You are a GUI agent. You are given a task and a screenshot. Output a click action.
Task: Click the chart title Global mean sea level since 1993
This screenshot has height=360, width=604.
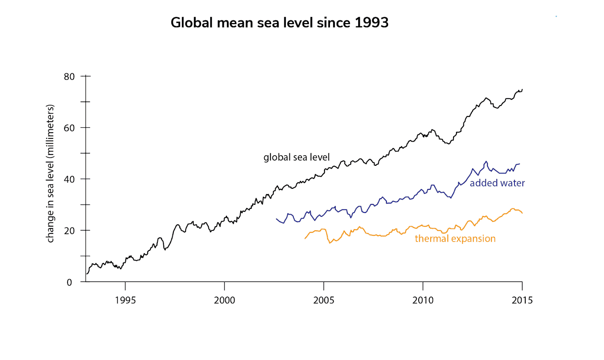pyautogui.click(x=279, y=23)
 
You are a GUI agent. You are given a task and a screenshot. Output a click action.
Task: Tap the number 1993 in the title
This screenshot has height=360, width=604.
pyautogui.click(x=371, y=23)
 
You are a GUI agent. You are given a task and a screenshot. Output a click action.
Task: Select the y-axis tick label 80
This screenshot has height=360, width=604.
pyautogui.click(x=69, y=77)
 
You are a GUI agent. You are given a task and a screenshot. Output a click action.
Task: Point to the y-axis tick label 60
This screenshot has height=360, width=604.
pyautogui.click(x=69, y=128)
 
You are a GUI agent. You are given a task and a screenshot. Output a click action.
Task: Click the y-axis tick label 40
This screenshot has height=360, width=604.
pyautogui.click(x=69, y=179)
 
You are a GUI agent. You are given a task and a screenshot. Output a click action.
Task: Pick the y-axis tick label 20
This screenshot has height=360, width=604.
pyautogui.click(x=69, y=231)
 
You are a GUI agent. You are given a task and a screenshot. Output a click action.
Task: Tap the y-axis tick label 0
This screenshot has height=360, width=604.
pyautogui.click(x=69, y=283)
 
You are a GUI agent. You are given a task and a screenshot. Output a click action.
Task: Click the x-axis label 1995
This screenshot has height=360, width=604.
pyautogui.click(x=125, y=300)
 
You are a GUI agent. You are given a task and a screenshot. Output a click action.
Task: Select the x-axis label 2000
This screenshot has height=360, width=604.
pyautogui.click(x=225, y=300)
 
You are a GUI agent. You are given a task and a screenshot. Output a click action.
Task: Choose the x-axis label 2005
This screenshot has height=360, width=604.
pyautogui.click(x=324, y=300)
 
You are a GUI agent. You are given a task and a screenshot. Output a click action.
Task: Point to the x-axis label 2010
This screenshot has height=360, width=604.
pyautogui.click(x=423, y=300)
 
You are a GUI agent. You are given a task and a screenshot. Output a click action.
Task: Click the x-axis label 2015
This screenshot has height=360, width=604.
pyautogui.click(x=522, y=300)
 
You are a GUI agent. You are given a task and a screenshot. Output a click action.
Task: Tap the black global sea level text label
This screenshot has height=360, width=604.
pyautogui.click(x=296, y=157)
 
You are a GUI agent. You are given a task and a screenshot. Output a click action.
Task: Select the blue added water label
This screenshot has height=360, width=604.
pyautogui.click(x=497, y=183)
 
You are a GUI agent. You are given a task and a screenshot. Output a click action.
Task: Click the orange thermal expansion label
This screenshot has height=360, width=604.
pyautogui.click(x=455, y=239)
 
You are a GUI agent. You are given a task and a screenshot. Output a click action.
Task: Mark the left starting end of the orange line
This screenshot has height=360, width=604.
pyautogui.click(x=305, y=238)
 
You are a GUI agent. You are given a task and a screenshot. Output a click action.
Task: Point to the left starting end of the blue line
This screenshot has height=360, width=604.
pyautogui.click(x=276, y=219)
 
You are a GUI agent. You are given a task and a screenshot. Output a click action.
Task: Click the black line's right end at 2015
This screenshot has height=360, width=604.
pyautogui.click(x=522, y=90)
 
